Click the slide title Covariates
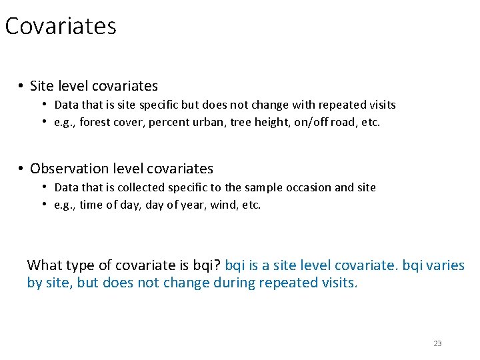point(61,27)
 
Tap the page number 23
point(437,343)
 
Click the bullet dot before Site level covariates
point(21,86)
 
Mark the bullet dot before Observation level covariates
point(21,169)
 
